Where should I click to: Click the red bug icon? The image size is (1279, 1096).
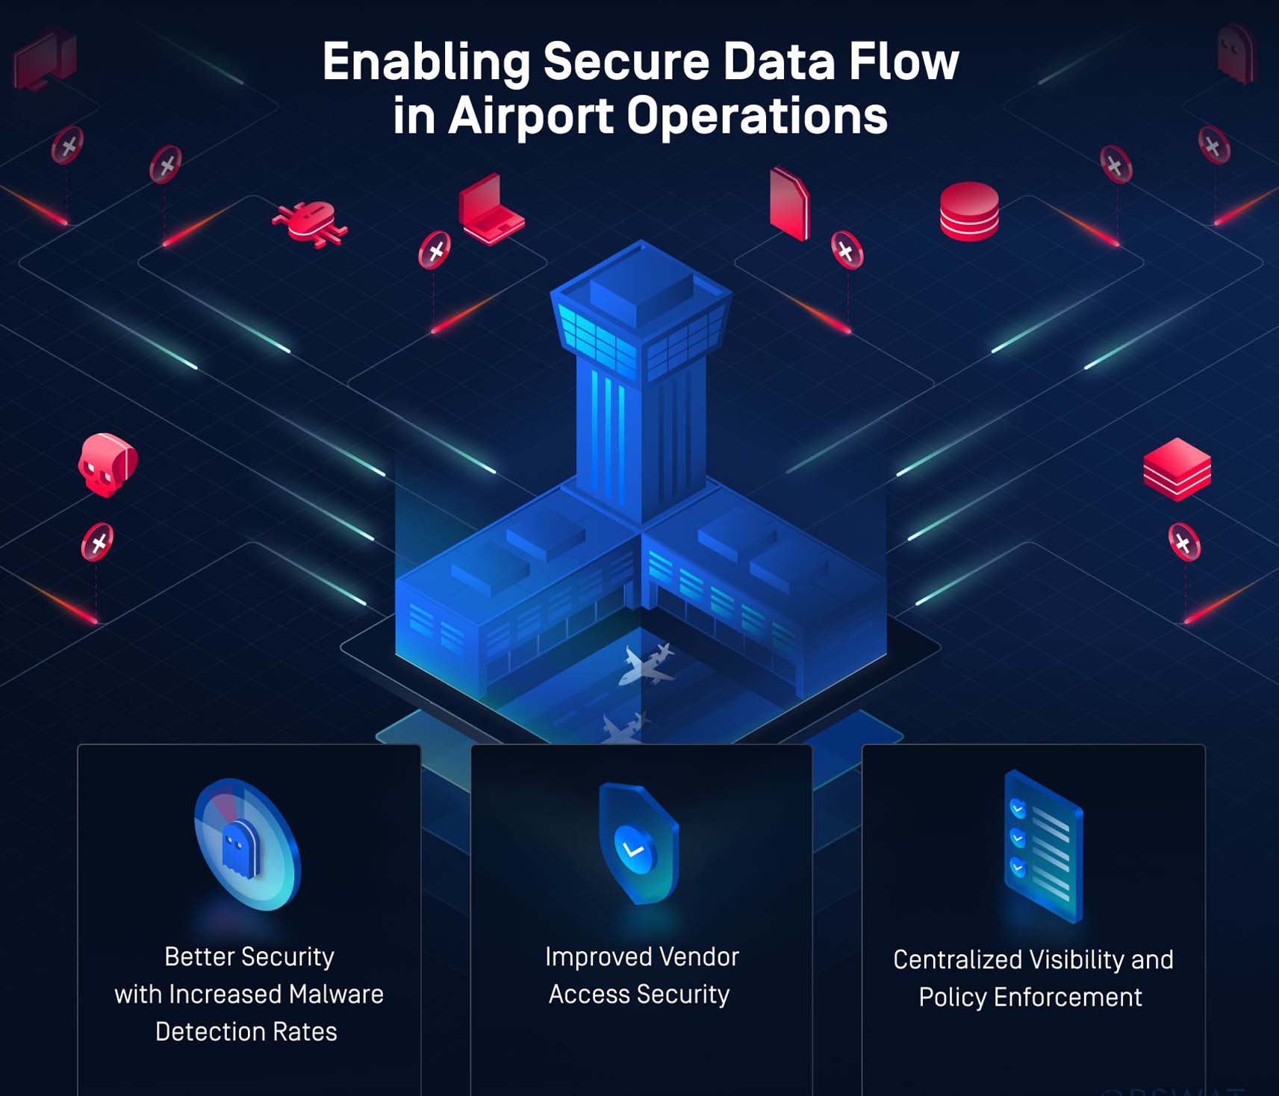click(309, 222)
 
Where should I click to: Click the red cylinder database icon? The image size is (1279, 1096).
click(968, 211)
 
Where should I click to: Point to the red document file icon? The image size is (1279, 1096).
click(789, 203)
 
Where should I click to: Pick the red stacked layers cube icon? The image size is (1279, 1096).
click(1177, 469)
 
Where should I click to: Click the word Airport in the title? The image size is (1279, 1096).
click(530, 116)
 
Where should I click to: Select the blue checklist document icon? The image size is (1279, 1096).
click(1043, 846)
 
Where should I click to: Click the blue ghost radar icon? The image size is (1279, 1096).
click(246, 845)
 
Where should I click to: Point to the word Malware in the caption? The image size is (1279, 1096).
click(336, 994)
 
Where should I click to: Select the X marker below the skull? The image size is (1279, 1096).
click(97, 542)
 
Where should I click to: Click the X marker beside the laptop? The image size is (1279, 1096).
click(435, 250)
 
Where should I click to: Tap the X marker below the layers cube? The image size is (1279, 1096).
click(1183, 543)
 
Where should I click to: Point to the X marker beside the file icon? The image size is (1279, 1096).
click(847, 250)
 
